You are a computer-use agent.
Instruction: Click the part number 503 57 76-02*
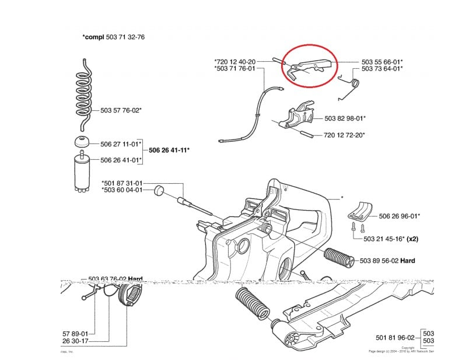click(x=121, y=110)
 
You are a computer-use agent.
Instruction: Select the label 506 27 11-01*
click(x=121, y=144)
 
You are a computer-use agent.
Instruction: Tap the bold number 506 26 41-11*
click(x=169, y=151)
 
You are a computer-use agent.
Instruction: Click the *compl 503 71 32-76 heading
click(x=114, y=37)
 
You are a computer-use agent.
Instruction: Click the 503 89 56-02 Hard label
click(x=388, y=261)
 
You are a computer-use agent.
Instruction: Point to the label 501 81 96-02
click(x=395, y=337)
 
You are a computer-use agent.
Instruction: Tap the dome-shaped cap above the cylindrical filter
click(x=81, y=143)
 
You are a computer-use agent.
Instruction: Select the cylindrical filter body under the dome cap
click(x=81, y=172)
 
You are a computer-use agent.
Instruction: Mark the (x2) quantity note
click(x=414, y=239)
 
